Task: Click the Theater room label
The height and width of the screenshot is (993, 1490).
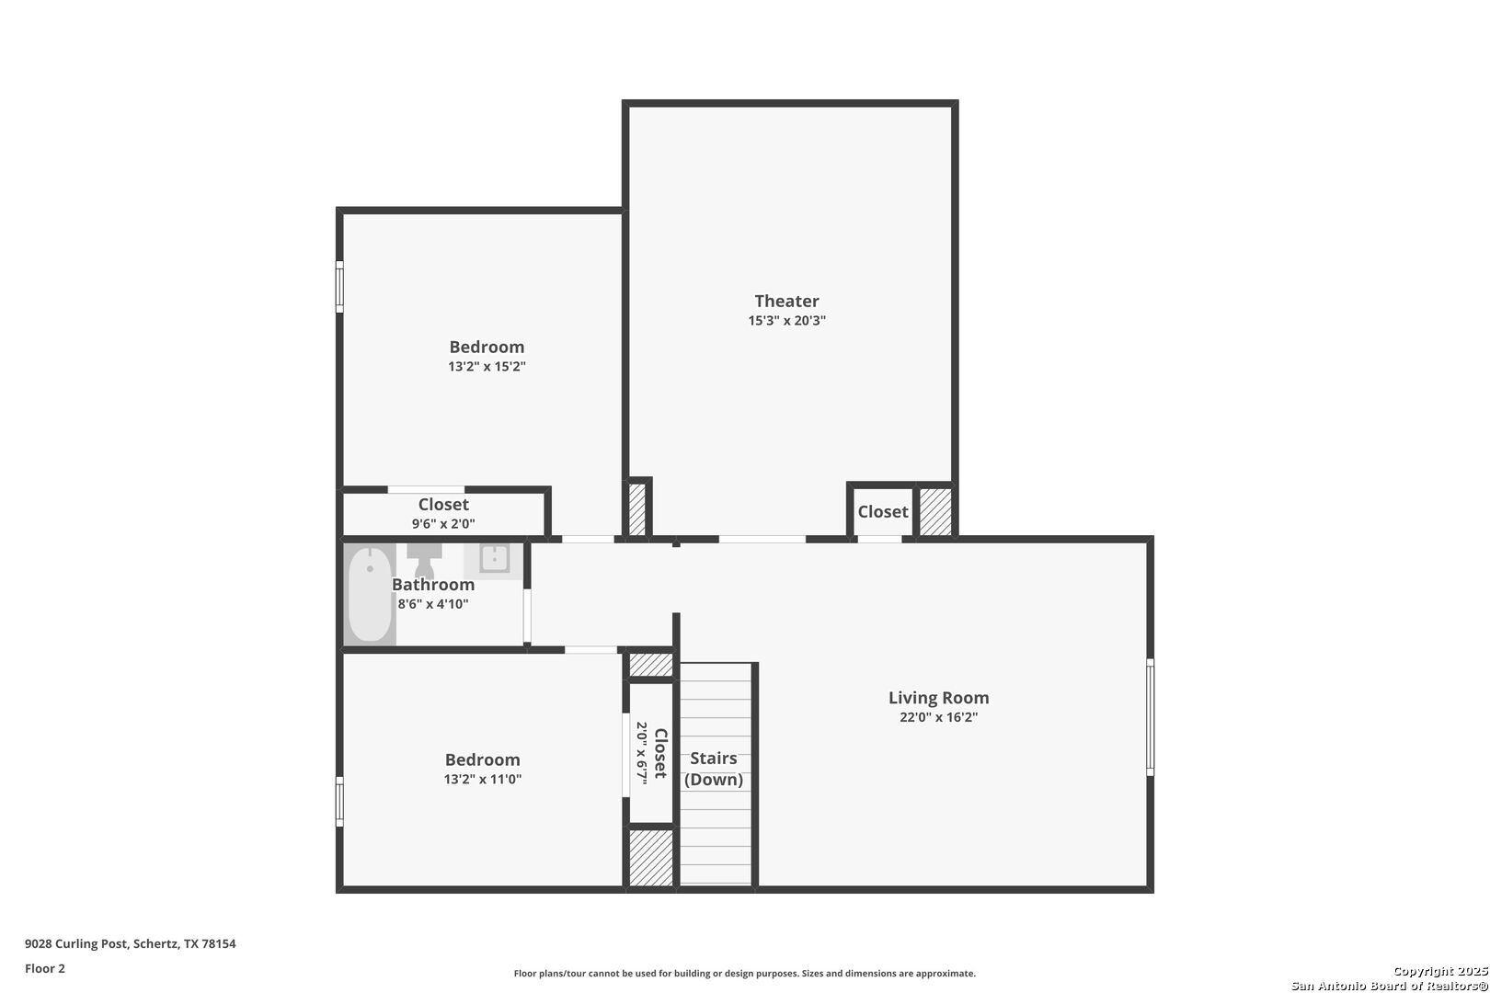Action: pyautogui.click(x=786, y=301)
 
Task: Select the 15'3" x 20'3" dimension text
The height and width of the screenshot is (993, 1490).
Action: pyautogui.click(x=786, y=320)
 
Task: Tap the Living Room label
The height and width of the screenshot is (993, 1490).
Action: pyautogui.click(x=938, y=698)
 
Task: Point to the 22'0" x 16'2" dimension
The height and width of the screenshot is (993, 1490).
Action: pyautogui.click(x=938, y=717)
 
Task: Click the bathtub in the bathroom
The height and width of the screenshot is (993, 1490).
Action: pyautogui.click(x=370, y=594)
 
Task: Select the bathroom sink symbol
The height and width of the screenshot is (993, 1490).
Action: pyautogui.click(x=494, y=559)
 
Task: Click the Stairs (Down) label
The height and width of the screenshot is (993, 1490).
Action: pyautogui.click(x=714, y=769)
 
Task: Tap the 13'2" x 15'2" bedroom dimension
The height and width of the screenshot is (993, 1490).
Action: pyautogui.click(x=487, y=366)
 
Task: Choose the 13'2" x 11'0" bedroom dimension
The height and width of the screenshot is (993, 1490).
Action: pyautogui.click(x=482, y=779)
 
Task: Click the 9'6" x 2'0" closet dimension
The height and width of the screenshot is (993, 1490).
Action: pyautogui.click(x=443, y=523)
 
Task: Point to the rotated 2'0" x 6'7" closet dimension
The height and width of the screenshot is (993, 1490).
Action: pyautogui.click(x=641, y=753)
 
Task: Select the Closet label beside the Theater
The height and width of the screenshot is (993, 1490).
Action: pyautogui.click(x=883, y=511)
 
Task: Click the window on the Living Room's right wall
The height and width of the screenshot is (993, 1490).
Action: pyautogui.click(x=1150, y=717)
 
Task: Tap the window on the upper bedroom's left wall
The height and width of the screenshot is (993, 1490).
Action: pyautogui.click(x=339, y=287)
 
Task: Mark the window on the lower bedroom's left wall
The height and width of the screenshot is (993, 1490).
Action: pyautogui.click(x=339, y=802)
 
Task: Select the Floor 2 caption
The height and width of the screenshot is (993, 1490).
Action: pyautogui.click(x=45, y=968)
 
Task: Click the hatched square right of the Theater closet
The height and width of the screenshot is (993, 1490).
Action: pyautogui.click(x=935, y=512)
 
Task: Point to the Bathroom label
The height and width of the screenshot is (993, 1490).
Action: pyautogui.click(x=433, y=585)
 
